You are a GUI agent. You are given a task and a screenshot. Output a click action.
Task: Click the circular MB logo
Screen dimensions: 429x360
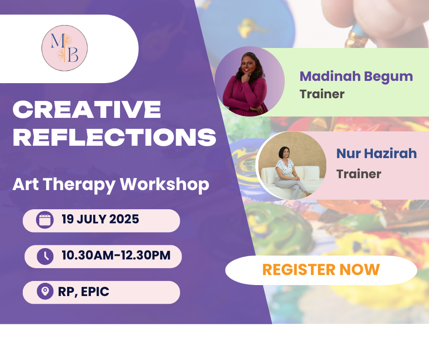pyautogui.click(x=64, y=48)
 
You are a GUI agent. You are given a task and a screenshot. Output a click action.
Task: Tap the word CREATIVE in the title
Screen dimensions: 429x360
pyautogui.click(x=87, y=109)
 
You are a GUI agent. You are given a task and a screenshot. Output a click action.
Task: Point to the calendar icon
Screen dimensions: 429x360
pyautogui.click(x=45, y=220)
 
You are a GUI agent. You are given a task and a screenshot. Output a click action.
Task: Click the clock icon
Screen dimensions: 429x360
pyautogui.click(x=45, y=256)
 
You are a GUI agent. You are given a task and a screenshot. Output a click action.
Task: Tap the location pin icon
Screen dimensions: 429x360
pyautogui.click(x=45, y=291)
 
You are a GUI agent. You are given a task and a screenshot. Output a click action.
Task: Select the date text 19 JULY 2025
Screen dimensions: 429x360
pyautogui.click(x=100, y=219)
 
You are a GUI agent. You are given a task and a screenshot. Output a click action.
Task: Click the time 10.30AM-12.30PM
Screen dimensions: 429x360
pyautogui.click(x=116, y=255)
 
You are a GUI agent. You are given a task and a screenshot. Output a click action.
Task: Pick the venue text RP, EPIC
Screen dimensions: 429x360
pyautogui.click(x=84, y=291)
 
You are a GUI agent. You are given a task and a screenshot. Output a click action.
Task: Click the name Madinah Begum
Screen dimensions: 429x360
pyautogui.click(x=356, y=77)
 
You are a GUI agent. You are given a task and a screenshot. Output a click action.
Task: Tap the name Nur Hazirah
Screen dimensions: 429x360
pyautogui.click(x=377, y=154)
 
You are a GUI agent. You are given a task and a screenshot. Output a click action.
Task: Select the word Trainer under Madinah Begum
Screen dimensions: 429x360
pyautogui.click(x=322, y=94)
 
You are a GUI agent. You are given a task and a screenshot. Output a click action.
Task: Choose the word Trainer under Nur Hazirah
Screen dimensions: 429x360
pyautogui.click(x=359, y=174)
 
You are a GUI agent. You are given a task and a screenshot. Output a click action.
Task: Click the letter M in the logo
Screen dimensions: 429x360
pyautogui.click(x=58, y=41)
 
